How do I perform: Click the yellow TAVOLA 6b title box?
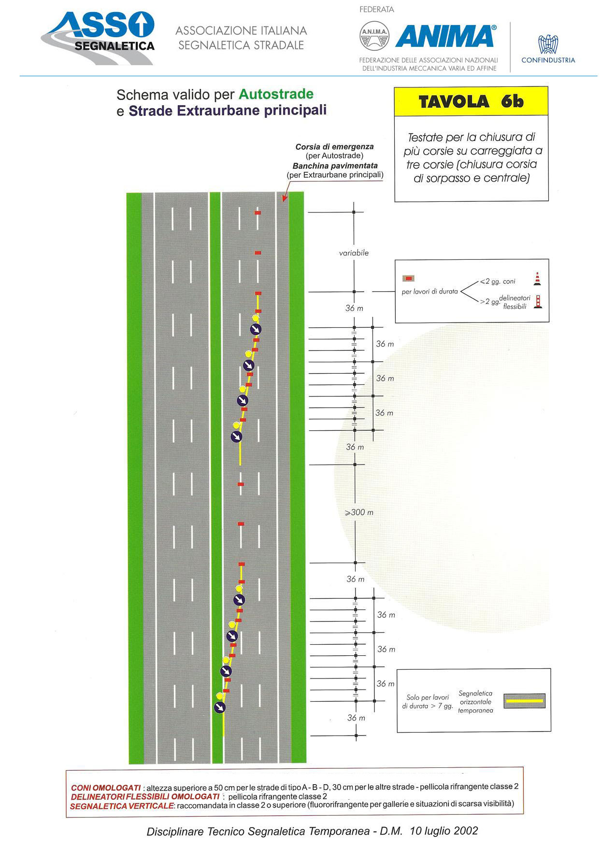point(471,101)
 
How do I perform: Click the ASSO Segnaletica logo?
point(98,38)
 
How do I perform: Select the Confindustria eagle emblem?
point(548,44)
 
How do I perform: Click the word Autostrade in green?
point(276,94)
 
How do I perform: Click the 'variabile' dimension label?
point(354,253)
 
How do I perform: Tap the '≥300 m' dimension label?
point(359,512)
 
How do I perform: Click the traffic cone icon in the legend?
point(537,279)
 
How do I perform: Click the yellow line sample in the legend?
point(524,701)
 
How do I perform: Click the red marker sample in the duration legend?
point(409,278)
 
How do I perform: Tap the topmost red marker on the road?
point(258,212)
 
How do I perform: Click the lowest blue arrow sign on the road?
point(220,707)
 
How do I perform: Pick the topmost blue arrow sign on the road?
point(256,329)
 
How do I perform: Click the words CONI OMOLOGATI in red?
point(106,788)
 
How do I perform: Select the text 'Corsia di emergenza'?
point(334,147)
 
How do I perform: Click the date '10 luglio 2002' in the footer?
point(444,831)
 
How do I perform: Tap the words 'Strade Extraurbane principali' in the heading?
point(228,111)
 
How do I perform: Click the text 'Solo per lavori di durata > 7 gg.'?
point(428,702)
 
